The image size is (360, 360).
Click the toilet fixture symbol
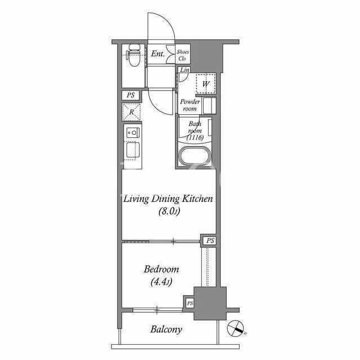coord(133,55)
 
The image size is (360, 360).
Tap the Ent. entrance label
coord(157,54)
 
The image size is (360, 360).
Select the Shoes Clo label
coord(183,55)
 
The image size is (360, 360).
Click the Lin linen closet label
coord(184,70)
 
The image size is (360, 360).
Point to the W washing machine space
coord(206,84)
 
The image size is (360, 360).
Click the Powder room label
coord(190,105)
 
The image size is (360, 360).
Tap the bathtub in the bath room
coord(195,155)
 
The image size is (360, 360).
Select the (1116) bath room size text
coord(195,137)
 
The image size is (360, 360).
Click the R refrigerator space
coord(131,112)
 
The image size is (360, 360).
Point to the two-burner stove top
coord(133,133)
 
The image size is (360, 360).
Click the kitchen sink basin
coord(133,150)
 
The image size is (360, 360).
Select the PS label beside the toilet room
coord(130,95)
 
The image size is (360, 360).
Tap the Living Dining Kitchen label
coord(168,199)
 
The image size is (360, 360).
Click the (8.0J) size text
coord(169,211)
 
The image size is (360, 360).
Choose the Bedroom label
coord(161,269)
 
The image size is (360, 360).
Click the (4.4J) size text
coord(161,282)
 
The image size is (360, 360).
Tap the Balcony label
coord(166,330)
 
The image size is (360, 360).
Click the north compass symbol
coord(236,328)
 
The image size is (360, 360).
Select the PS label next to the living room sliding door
coord(210,241)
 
